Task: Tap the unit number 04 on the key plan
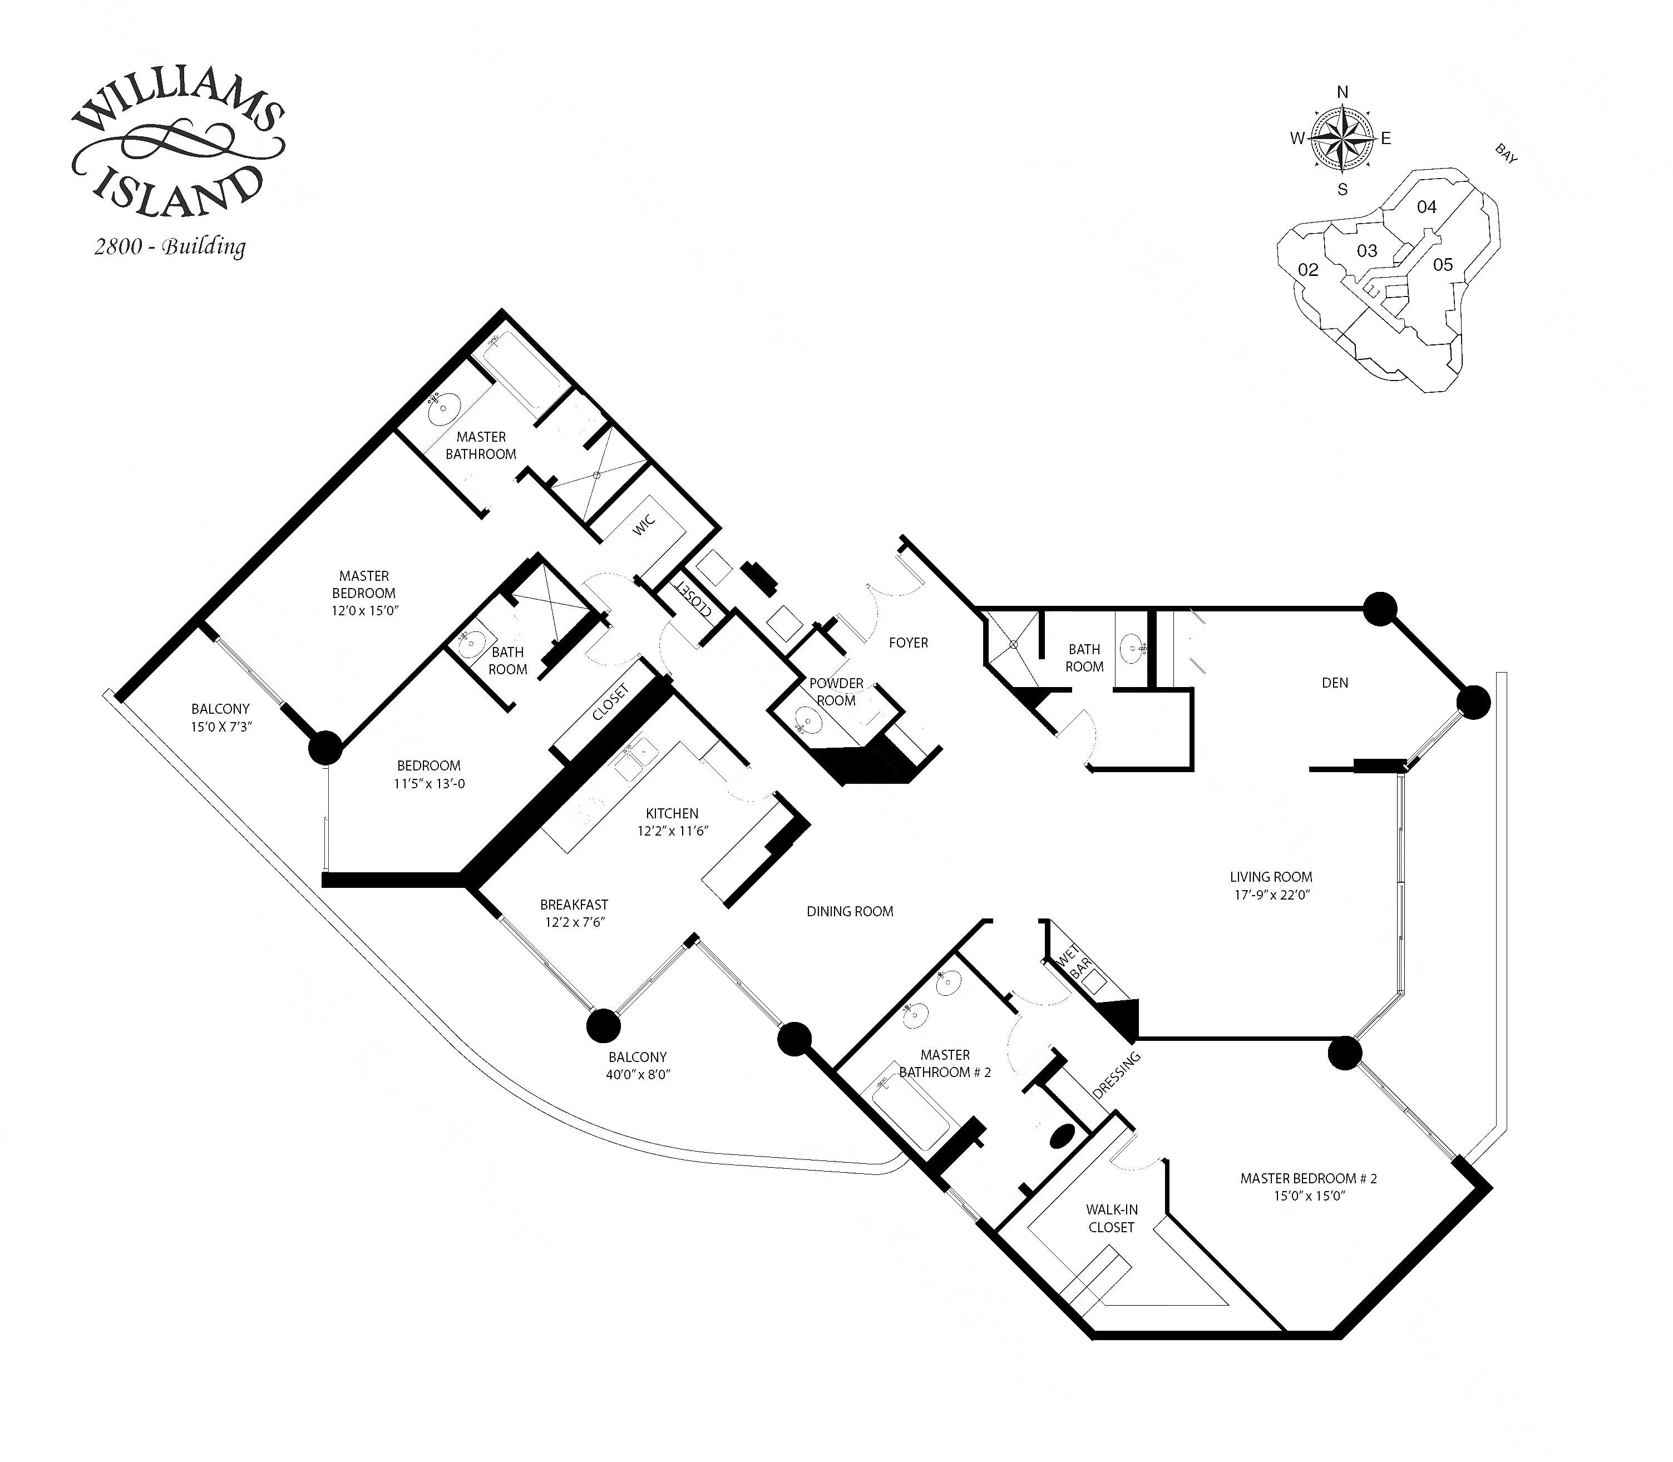[x=1426, y=207]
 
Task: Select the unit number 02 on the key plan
[x=1307, y=270]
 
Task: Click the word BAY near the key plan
[x=1506, y=154]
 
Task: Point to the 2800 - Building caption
[x=170, y=246]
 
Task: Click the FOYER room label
[x=908, y=643]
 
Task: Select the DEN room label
[x=1335, y=683]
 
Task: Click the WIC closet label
[x=644, y=525]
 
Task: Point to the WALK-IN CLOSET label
[x=1111, y=1218]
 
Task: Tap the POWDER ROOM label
[x=836, y=692]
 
